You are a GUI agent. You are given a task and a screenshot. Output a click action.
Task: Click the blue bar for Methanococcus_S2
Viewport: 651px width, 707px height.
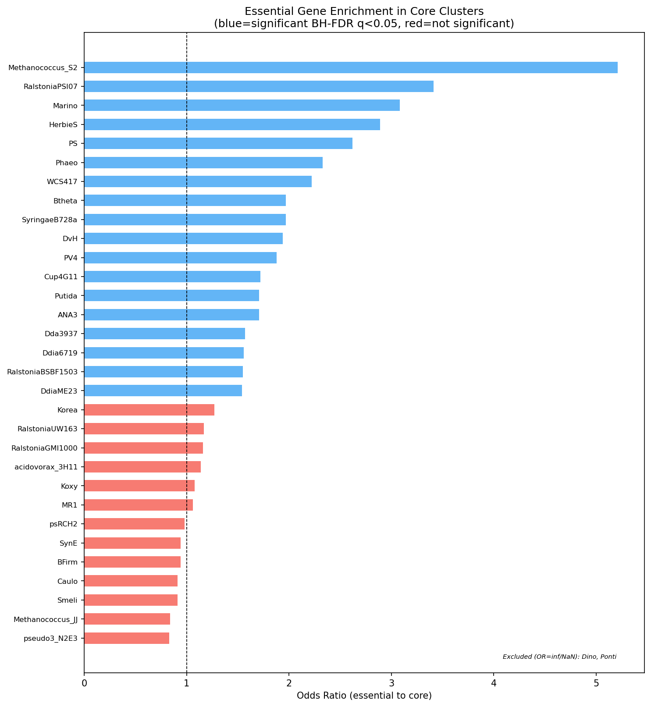(x=351, y=68)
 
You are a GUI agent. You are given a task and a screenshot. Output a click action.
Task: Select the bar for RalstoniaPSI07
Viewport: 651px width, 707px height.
(x=259, y=86)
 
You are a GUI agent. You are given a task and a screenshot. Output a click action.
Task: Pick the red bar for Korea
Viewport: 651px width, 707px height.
(x=149, y=410)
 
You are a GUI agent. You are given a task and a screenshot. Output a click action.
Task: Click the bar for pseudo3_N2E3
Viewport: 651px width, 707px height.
(x=127, y=638)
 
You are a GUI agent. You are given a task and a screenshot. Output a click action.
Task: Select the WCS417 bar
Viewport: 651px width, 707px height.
(x=198, y=181)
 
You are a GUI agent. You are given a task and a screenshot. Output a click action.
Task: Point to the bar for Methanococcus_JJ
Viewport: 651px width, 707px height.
(x=127, y=619)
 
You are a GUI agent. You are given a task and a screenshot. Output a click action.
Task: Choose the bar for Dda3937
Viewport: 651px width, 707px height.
(x=164, y=334)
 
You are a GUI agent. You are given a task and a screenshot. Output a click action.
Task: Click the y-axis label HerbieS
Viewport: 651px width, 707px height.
(x=64, y=124)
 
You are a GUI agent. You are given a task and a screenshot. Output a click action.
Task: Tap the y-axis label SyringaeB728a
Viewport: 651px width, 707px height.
(x=50, y=220)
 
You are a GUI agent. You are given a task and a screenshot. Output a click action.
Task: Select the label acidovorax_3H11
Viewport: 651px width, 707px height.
(x=46, y=467)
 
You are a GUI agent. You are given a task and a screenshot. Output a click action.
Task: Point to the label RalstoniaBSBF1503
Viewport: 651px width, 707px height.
(x=43, y=372)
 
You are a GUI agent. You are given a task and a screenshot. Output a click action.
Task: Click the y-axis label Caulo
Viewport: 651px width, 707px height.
(x=68, y=581)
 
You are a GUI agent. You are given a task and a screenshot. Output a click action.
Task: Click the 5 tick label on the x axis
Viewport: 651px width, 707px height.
(x=596, y=682)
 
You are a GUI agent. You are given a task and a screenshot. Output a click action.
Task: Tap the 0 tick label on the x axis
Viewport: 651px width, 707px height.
(x=84, y=682)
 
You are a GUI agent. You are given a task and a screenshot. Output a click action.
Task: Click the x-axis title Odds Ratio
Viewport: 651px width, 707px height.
(x=364, y=696)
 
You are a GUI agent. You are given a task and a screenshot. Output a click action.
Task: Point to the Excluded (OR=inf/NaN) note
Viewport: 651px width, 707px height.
(x=559, y=657)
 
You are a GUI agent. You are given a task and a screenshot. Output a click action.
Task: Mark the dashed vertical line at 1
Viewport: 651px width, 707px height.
(x=187, y=657)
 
